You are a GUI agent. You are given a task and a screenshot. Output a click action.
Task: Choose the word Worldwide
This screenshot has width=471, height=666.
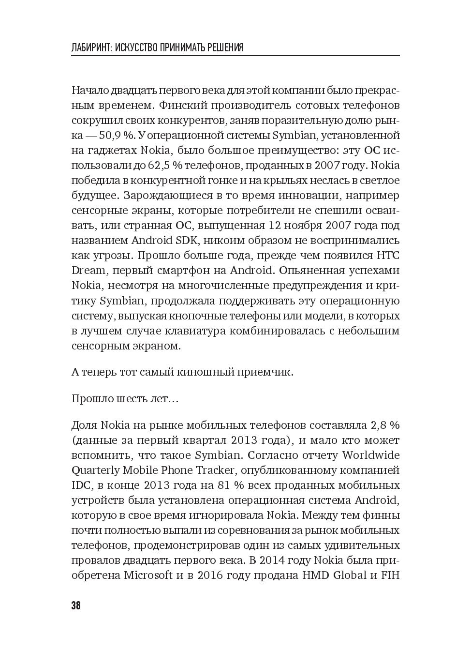pos(371,455)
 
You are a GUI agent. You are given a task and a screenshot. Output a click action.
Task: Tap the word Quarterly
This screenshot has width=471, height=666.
pos(95,470)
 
